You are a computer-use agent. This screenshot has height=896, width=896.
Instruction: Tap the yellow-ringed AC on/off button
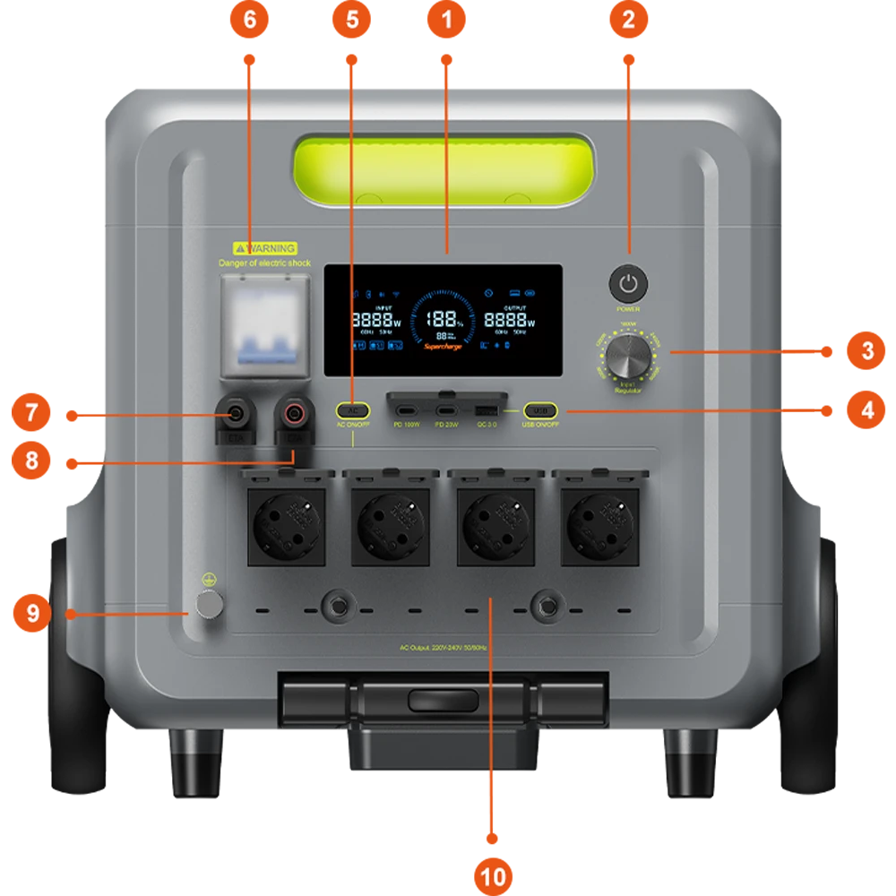pos(354,410)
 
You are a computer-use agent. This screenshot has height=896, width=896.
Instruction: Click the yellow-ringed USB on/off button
pos(540,410)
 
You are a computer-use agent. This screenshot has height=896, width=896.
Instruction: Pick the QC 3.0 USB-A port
pos(488,410)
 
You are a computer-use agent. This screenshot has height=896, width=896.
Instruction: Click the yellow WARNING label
pos(264,248)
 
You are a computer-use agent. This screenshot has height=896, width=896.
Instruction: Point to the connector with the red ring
pos(293,414)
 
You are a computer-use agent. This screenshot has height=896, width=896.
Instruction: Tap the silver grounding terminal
pos(210,607)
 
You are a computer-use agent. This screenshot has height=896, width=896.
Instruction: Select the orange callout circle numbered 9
pos(32,614)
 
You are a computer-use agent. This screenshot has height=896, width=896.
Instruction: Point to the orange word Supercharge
pos(444,346)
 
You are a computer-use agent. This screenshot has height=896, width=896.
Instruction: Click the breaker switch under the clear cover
pos(265,332)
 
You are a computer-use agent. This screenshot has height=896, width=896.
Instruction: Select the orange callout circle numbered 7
pos(31,413)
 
